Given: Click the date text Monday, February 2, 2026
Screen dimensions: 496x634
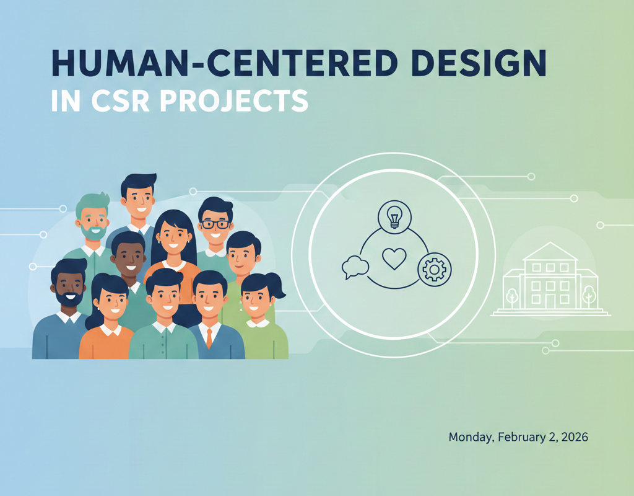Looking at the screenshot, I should click(x=518, y=437).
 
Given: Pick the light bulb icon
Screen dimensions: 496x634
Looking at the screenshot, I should click(x=394, y=218).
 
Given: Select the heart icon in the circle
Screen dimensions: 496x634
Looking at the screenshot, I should click(x=393, y=259).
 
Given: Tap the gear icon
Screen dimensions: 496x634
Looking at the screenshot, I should click(x=435, y=269).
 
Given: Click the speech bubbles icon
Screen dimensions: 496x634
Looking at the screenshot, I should click(x=355, y=267).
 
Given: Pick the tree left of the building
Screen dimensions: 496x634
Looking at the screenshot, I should click(x=512, y=296).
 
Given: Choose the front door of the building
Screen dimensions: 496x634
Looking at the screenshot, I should click(x=550, y=301).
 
